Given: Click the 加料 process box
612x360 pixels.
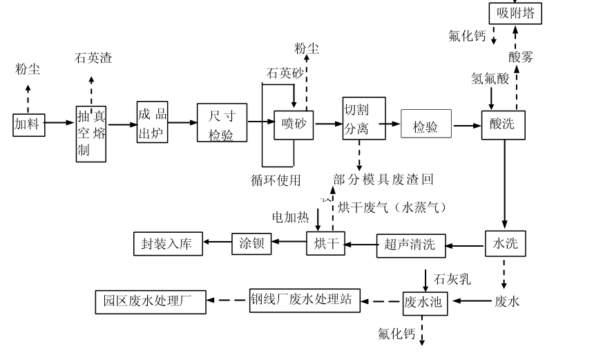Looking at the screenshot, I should (29, 124).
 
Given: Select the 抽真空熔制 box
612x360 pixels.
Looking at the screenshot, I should (91, 134).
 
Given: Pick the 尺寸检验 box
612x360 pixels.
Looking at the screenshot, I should (222, 124).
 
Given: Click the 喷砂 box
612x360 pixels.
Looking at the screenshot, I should (294, 124).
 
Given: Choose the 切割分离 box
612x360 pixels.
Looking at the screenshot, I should (363, 118).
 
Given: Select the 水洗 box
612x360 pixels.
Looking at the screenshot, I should (505, 243).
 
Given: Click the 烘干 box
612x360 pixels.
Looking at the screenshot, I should (325, 244).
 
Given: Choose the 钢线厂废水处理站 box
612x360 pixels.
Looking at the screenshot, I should (305, 300).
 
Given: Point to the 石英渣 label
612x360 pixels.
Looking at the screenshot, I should (93, 58).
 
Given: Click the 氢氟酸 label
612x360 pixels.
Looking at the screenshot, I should (490, 78).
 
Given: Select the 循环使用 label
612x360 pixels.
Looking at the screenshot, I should (276, 180).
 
